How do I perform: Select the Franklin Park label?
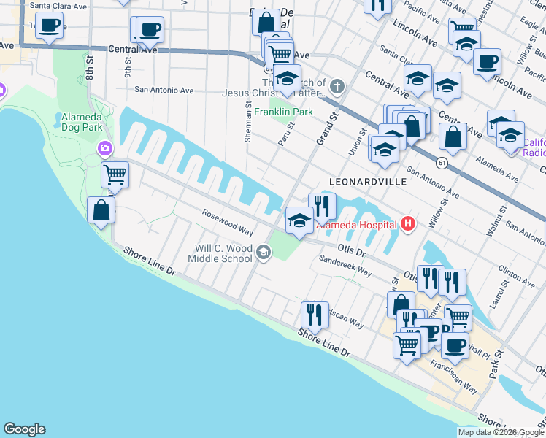(x=283, y=112)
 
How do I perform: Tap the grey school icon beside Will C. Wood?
(x=263, y=253)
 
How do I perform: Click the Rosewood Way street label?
(x=228, y=222)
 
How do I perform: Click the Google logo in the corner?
(x=24, y=429)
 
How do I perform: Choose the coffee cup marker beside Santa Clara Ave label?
(x=49, y=26)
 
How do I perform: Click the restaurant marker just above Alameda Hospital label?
(x=321, y=206)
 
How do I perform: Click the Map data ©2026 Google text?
(x=500, y=432)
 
